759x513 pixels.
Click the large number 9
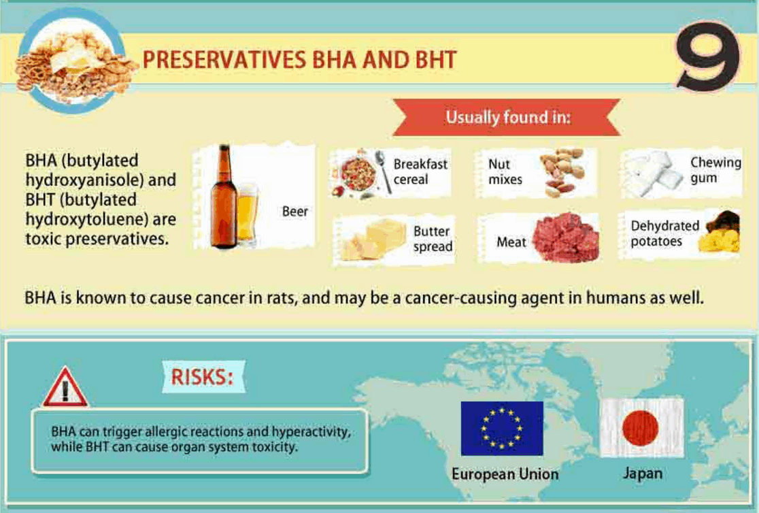[x=707, y=57]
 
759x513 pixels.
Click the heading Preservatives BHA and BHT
[x=299, y=60]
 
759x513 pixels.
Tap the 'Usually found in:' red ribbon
[x=507, y=117]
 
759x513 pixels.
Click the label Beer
[x=295, y=212]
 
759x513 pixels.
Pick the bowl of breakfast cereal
[x=358, y=174]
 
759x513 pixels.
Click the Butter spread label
[x=432, y=239]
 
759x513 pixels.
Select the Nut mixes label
[x=505, y=172]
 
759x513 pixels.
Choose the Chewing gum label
[x=715, y=170]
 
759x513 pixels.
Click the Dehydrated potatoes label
[x=664, y=233]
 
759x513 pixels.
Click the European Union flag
[x=502, y=428]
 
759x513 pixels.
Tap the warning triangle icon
[x=65, y=388]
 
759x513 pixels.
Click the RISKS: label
[x=202, y=376]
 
